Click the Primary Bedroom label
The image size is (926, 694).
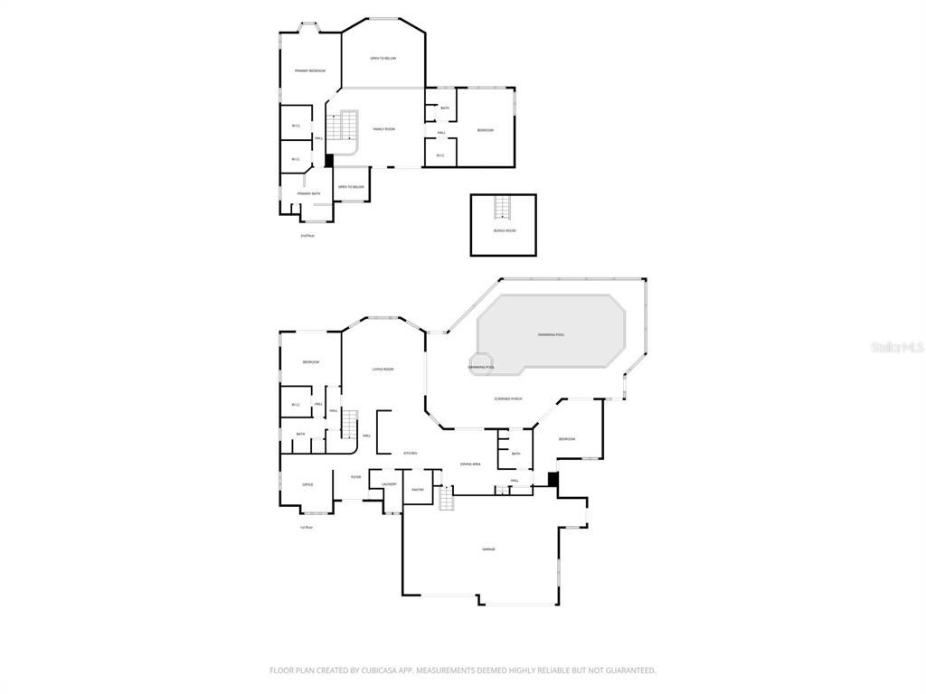[x=309, y=70]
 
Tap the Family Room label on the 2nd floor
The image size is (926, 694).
[x=384, y=129]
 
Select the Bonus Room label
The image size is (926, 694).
[x=504, y=230]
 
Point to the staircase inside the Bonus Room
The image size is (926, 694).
[x=503, y=207]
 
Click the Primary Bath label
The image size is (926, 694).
[x=309, y=193]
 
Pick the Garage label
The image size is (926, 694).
[x=487, y=549]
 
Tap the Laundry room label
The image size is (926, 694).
[x=389, y=484]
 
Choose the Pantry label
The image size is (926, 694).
[x=418, y=489]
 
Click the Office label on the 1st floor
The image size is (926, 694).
[x=307, y=485]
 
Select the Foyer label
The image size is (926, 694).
[x=356, y=477]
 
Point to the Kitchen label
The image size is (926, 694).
[x=410, y=453]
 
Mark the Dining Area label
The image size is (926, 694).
[x=470, y=464]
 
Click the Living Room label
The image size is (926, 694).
[x=383, y=369]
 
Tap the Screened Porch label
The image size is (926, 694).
[x=508, y=399]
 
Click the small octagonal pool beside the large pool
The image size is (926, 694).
[x=481, y=365]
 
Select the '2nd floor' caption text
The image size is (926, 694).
[x=307, y=236]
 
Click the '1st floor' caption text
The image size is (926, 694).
[x=307, y=527]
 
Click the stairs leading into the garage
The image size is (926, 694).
[x=446, y=499]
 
